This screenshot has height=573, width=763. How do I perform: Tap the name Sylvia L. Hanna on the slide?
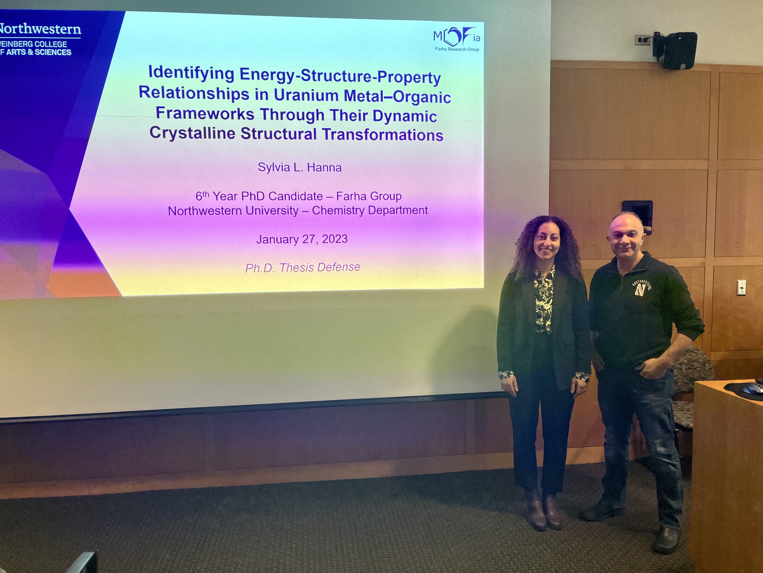tap(300, 167)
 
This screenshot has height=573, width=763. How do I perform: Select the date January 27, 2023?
tap(302, 239)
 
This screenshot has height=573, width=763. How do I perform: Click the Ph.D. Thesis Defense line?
tap(303, 267)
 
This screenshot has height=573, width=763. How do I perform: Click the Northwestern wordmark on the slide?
tap(40, 29)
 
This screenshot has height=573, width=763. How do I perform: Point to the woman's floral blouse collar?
tap(544, 278)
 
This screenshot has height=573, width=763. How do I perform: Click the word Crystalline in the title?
tap(192, 133)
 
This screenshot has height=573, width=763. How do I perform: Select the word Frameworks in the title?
tap(205, 113)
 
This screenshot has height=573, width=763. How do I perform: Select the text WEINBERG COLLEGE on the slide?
tap(34, 44)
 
